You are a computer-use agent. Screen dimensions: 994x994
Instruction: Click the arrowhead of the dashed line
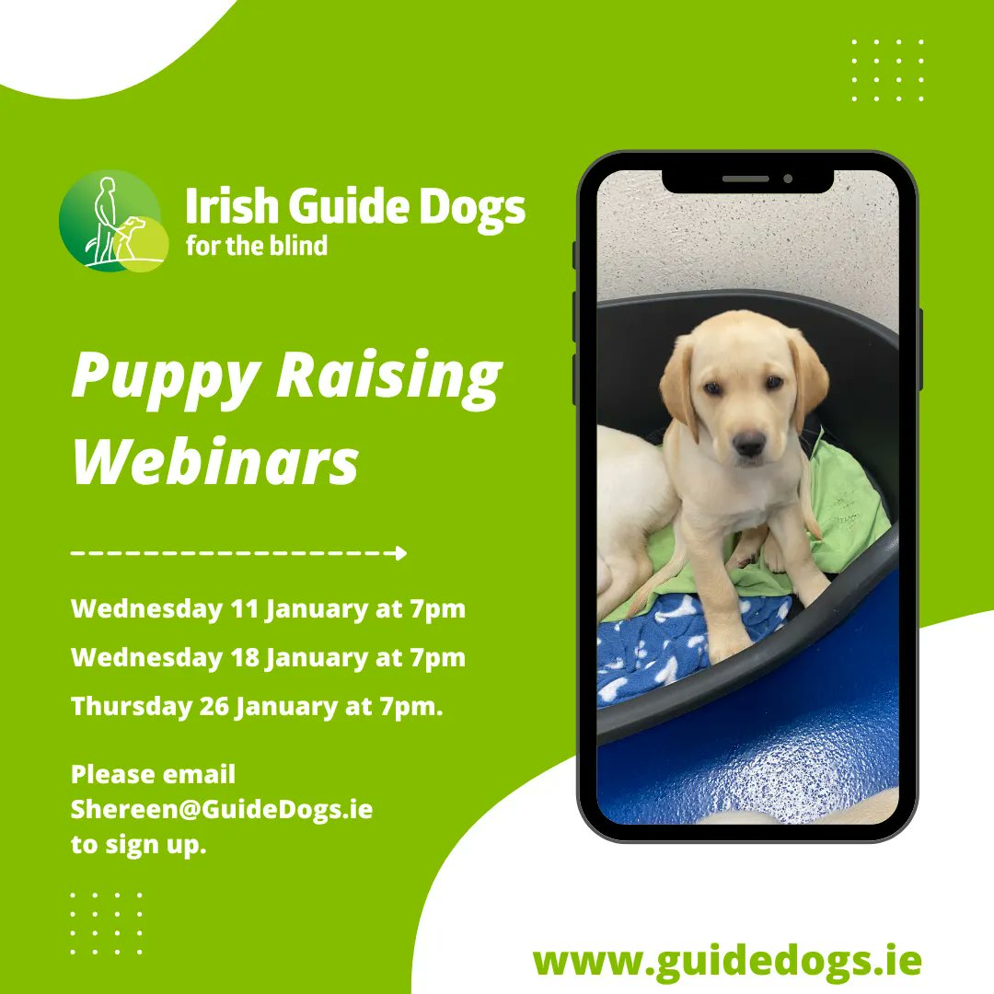coord(399,553)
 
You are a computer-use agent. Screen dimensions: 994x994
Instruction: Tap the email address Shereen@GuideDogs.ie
coord(221,810)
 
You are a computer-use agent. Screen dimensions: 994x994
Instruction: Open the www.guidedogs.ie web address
coord(727,961)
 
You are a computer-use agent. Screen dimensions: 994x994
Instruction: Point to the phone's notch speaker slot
coord(746,179)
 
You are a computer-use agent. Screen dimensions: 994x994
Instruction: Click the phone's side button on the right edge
coord(919,349)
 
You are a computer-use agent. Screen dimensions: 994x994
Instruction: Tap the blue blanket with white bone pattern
coord(681,644)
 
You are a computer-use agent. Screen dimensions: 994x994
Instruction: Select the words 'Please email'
coord(153,775)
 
